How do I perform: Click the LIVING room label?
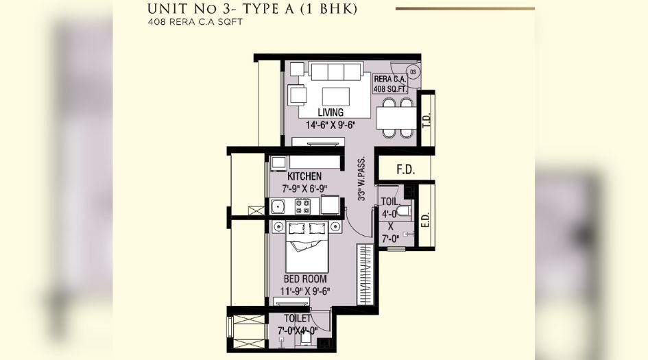tap(331, 112)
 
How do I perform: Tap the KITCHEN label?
tap(304, 177)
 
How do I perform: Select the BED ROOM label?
tap(305, 279)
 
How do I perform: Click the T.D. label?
tap(427, 120)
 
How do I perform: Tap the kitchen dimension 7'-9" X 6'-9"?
tap(304, 188)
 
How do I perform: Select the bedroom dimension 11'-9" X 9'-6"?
tap(307, 291)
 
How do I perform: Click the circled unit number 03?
tap(413, 71)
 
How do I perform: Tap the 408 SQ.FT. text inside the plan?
tap(389, 88)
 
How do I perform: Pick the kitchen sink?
tap(278, 207)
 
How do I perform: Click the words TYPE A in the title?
tap(293, 9)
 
